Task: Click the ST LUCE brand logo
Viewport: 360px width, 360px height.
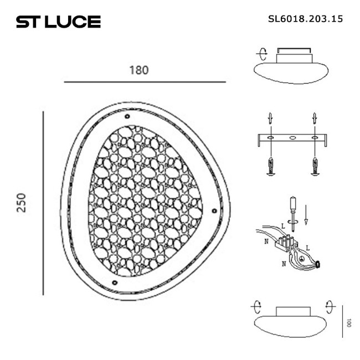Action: pos(58,22)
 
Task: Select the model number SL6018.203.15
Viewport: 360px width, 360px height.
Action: pos(305,19)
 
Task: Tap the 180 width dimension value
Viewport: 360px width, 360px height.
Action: pos(139,70)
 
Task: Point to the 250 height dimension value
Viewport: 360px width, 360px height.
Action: pos(23,202)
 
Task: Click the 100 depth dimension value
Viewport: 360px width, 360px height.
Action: pos(348,322)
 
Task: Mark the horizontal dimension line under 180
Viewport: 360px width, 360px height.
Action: pos(145,83)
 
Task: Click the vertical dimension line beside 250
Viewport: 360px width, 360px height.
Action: pos(43,203)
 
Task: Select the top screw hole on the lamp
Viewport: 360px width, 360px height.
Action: pos(127,117)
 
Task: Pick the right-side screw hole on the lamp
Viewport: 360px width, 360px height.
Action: pos(214,210)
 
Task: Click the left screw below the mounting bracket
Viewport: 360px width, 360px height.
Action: pos(270,166)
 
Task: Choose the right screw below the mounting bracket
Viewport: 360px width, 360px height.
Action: pos(315,166)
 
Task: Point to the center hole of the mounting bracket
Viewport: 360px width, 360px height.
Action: pos(292,137)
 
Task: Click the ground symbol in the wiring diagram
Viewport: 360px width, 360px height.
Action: pos(301,259)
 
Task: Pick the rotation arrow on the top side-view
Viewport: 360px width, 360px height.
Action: pos(260,54)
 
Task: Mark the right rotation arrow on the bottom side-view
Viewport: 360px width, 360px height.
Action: pos(330,305)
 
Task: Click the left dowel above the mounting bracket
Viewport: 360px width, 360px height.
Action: pos(270,119)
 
